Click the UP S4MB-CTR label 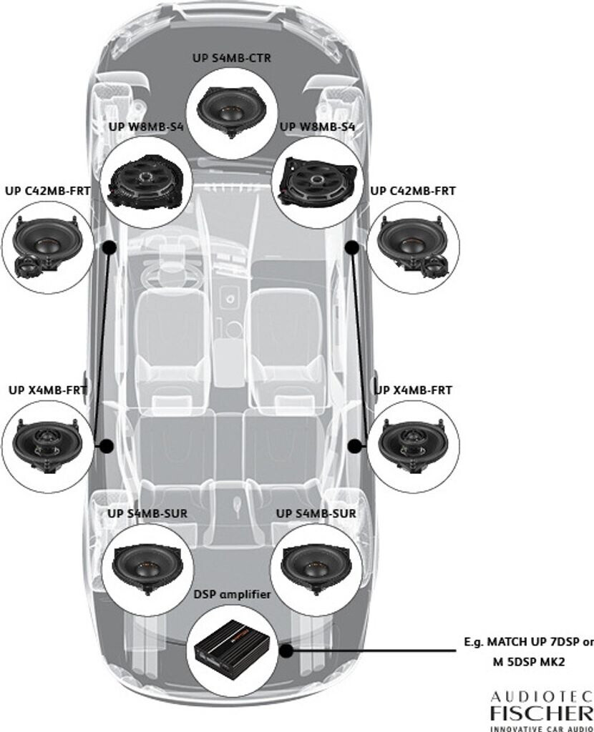(232, 59)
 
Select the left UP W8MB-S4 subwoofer (145, 182)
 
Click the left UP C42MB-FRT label (48, 191)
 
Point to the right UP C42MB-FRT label (413, 191)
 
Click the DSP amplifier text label (233, 594)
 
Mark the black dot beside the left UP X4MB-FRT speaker (107, 446)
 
